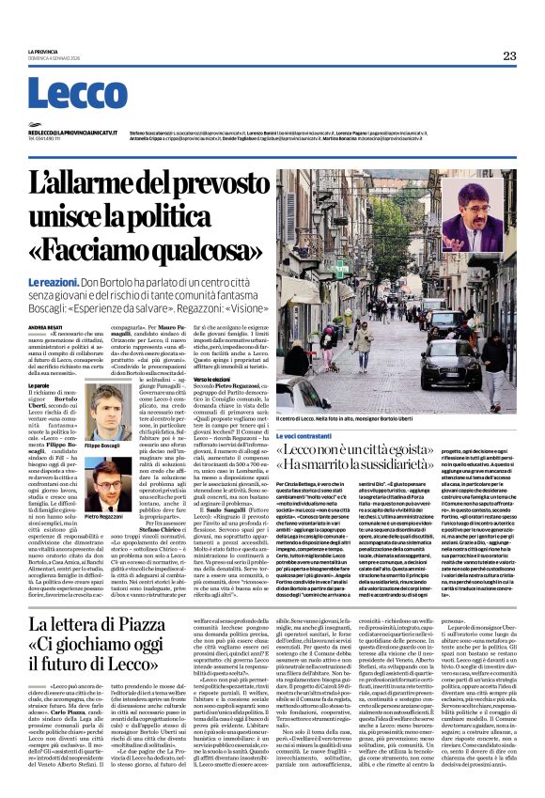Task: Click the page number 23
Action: click(509, 56)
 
